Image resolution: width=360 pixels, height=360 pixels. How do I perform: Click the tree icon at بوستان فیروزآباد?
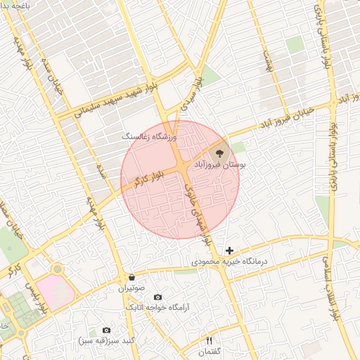219,151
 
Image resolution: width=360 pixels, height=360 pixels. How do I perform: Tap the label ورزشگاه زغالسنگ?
152,134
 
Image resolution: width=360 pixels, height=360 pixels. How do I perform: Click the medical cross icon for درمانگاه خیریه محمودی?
229,250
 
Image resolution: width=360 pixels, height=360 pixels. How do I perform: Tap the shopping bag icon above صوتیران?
132,277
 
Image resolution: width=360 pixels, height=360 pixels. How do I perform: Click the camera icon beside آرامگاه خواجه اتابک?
157,297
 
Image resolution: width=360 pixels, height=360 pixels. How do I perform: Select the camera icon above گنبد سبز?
107,330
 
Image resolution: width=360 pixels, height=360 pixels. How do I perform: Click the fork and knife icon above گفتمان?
209,340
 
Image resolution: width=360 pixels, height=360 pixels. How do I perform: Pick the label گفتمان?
209,351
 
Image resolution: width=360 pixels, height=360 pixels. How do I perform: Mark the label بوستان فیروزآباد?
224,164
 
